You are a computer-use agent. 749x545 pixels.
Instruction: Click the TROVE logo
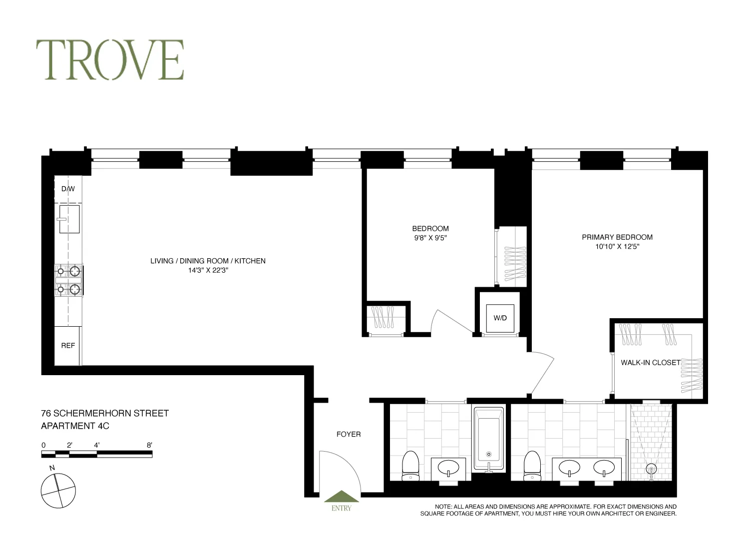tap(110, 60)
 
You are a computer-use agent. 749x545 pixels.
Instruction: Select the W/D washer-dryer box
tap(500, 318)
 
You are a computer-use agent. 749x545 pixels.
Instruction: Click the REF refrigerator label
tap(68, 346)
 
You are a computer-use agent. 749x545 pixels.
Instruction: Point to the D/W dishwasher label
tap(68, 189)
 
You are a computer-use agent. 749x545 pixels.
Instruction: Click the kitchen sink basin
tap(69, 219)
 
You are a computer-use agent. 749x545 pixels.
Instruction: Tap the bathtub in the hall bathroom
tap(488, 439)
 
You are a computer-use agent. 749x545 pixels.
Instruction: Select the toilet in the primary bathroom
tap(532, 465)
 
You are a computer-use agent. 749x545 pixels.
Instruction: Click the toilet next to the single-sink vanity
tap(411, 465)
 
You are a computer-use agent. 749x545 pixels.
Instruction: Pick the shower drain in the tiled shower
tap(651, 469)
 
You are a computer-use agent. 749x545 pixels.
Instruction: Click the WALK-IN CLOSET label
tap(650, 363)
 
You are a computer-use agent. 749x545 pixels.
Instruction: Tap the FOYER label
tap(349, 435)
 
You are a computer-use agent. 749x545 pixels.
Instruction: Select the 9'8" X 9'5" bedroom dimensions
tap(430, 238)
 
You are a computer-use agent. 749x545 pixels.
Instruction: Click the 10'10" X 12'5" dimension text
tap(617, 246)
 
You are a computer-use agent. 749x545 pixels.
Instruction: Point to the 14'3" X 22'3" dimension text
tap(208, 270)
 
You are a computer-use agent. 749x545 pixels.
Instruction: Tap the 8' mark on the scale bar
tap(149, 445)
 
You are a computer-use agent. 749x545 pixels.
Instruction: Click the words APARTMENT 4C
tap(75, 426)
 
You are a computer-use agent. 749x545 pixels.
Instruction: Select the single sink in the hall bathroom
tap(448, 468)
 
